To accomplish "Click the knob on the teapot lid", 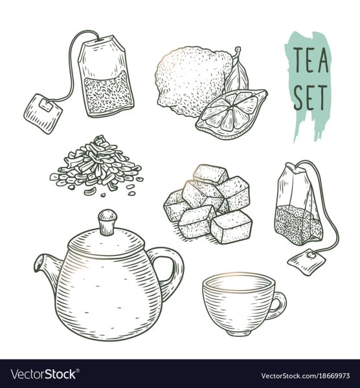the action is coord(107,222).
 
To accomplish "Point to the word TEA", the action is coord(311,60).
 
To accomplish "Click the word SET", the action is coord(310,97).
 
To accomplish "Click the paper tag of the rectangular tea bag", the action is coord(43,113).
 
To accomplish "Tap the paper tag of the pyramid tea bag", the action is coord(306,262).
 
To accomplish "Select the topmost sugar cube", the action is coord(211,175).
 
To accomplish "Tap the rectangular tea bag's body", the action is coord(106,77).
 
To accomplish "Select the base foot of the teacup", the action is coord(238,332).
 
